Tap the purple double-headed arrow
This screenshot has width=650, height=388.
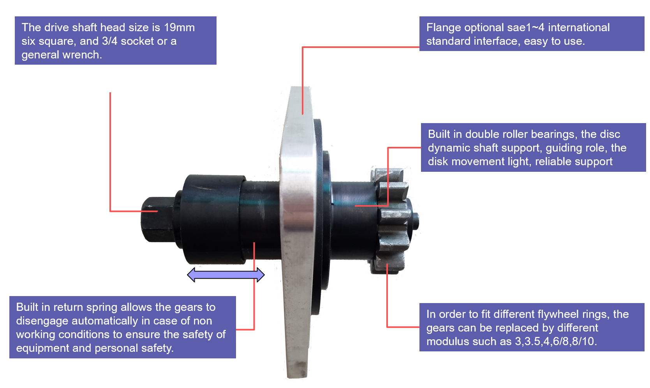226,275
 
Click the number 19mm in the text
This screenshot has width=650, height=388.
179,28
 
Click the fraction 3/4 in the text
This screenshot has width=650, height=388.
110,41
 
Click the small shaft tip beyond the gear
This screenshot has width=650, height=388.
416,221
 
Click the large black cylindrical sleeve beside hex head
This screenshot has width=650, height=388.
213,219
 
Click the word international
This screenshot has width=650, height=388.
579,28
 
